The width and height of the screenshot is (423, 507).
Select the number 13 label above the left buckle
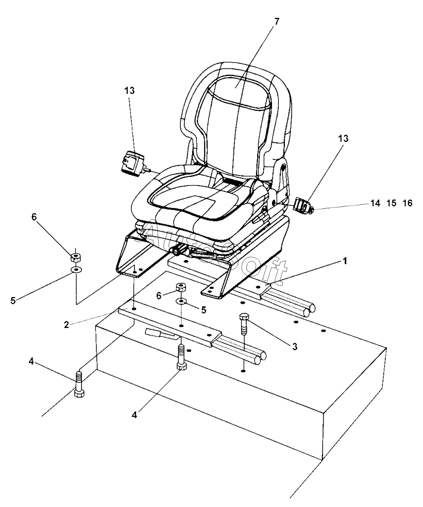129,90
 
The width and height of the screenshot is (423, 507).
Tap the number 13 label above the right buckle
343,138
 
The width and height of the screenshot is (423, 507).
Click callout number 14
376,203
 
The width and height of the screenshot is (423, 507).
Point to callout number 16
407,203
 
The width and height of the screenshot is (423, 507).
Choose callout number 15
391,203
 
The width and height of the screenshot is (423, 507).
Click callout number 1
345,261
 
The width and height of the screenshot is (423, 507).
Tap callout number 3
295,347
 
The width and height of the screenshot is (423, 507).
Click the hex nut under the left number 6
75,255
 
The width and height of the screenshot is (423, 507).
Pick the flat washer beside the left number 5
75,270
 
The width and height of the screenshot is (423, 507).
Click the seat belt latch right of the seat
303,206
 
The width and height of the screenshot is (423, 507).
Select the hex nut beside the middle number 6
181,287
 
